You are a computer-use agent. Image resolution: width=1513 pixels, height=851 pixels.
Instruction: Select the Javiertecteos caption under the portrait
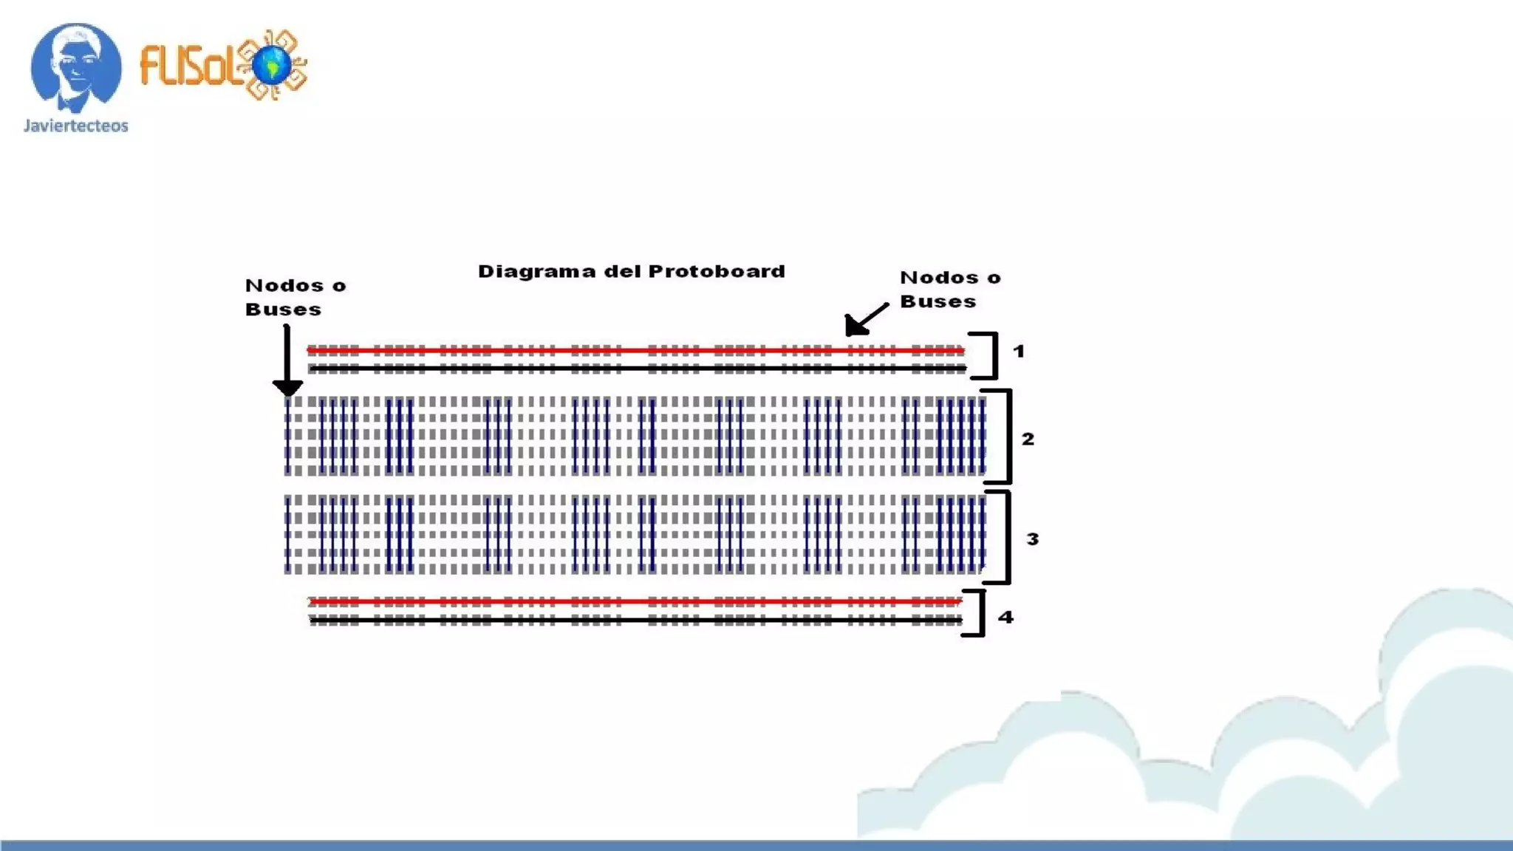pyautogui.click(x=76, y=126)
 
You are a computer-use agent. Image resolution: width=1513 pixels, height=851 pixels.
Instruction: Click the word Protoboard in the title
pyautogui.click(x=717, y=272)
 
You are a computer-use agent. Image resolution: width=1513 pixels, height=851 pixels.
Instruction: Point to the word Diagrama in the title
pyautogui.click(x=536, y=272)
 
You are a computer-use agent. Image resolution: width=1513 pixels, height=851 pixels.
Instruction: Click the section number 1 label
pyautogui.click(x=1019, y=352)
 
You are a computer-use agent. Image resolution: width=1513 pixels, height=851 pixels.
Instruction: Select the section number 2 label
pyautogui.click(x=1028, y=440)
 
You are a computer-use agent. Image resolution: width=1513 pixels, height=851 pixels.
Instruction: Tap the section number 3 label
pyautogui.click(x=1032, y=539)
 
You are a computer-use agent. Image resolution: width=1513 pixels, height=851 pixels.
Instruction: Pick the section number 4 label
pyautogui.click(x=1005, y=617)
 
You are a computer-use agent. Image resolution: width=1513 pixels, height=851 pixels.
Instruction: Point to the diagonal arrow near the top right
pyautogui.click(x=866, y=319)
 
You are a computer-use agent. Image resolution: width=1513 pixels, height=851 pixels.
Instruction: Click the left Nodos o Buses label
pyautogui.click(x=295, y=297)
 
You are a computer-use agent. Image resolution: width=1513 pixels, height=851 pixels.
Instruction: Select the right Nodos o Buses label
pyautogui.click(x=950, y=289)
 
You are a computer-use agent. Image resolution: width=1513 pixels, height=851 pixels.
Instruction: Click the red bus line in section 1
pyautogui.click(x=635, y=350)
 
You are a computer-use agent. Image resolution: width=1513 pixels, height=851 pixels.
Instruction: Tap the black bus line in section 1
pyautogui.click(x=635, y=368)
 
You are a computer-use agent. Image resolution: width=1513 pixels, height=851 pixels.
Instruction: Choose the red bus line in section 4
pyautogui.click(x=635, y=602)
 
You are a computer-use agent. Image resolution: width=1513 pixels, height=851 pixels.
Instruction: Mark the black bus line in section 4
pyautogui.click(x=635, y=621)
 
